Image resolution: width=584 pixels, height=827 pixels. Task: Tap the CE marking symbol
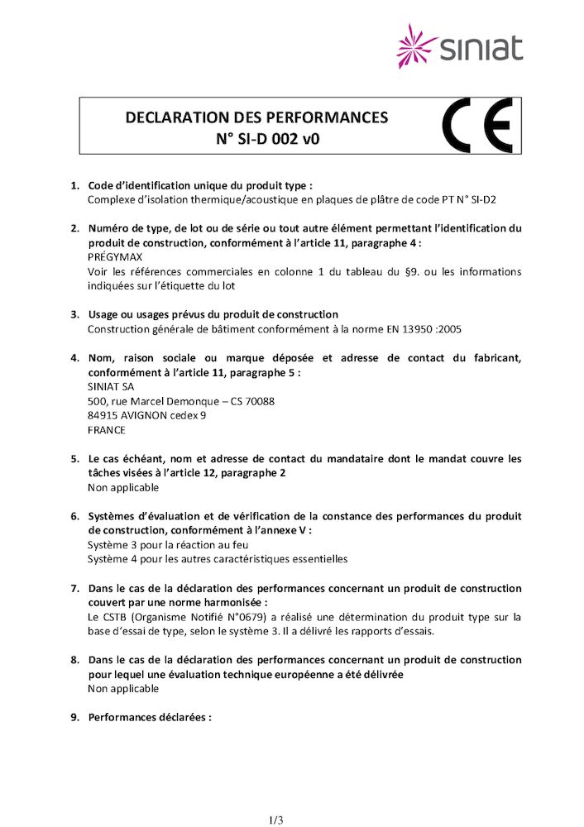tap(477, 126)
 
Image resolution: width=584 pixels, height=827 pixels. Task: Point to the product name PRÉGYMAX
tap(113, 257)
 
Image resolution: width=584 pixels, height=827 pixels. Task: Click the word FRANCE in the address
tap(107, 430)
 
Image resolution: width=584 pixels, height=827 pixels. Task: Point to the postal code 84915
tap(103, 415)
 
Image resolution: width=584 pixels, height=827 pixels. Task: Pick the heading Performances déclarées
tap(150, 717)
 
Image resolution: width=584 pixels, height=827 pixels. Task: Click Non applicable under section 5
tap(123, 487)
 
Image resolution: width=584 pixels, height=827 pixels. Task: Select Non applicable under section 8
tap(123, 688)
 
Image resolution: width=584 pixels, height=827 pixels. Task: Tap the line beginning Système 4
tap(218, 559)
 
